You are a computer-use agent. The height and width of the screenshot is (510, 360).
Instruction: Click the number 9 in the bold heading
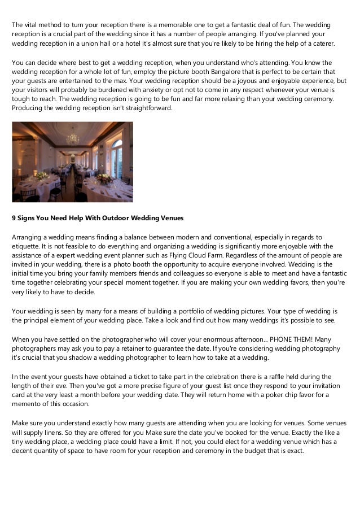coord(14,218)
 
